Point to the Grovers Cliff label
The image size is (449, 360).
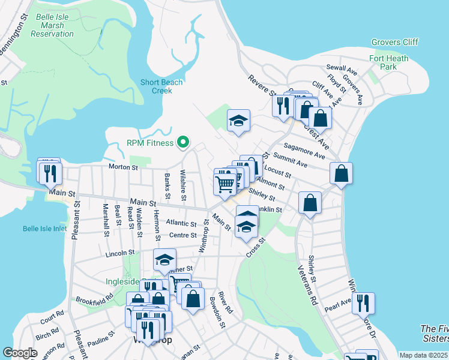(x=394, y=42)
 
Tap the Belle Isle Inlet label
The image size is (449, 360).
(x=46, y=229)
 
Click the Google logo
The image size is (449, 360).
(x=20, y=353)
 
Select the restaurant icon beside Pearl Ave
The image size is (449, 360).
(x=363, y=303)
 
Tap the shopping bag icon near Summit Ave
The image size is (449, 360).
(x=341, y=174)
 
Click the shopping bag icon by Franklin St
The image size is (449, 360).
(x=310, y=203)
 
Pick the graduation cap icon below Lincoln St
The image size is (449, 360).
(x=164, y=260)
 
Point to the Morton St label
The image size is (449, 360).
(x=123, y=167)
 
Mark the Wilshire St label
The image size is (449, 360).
(x=183, y=185)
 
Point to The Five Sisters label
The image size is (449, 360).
(x=435, y=334)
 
